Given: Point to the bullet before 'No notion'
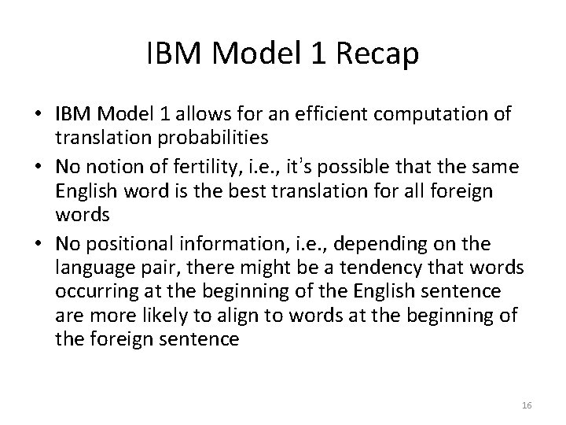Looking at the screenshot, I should click(42, 168).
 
